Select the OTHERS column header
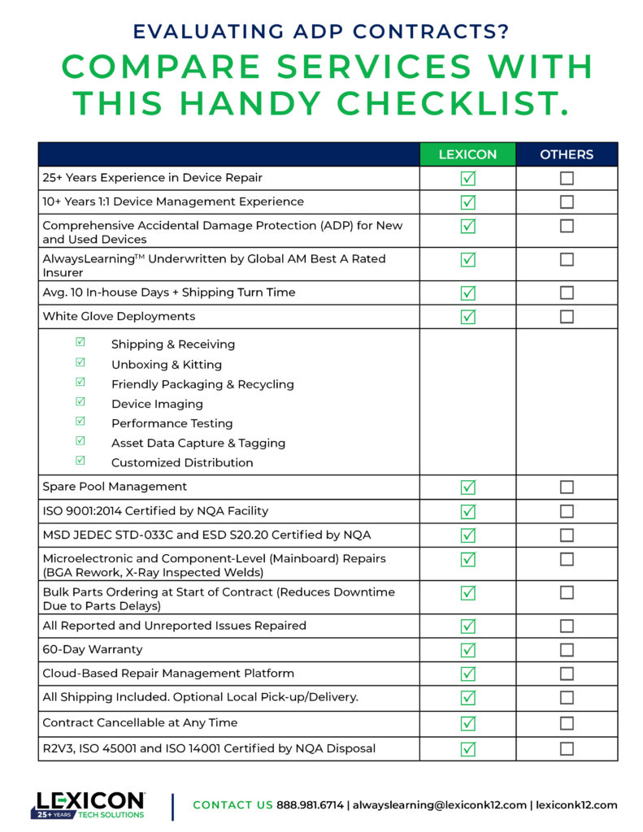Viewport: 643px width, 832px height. click(x=567, y=154)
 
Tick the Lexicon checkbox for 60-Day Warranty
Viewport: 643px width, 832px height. click(x=467, y=650)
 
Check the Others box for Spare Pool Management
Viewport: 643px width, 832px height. click(x=567, y=487)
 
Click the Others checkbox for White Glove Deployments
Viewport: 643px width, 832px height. click(x=567, y=317)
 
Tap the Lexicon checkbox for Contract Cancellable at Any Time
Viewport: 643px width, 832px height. click(x=467, y=723)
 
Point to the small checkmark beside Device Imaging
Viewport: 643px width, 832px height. click(x=80, y=401)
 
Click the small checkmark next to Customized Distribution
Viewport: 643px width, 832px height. click(x=80, y=461)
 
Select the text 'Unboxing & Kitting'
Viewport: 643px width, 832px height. click(x=166, y=365)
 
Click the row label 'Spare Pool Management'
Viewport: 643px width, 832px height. click(x=115, y=487)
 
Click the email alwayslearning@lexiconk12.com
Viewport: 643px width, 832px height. click(x=438, y=805)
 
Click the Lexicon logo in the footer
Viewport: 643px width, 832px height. click(x=89, y=804)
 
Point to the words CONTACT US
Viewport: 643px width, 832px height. click(x=233, y=805)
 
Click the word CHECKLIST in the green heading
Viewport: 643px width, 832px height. click(x=450, y=103)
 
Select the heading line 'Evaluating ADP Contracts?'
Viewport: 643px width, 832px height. click(x=321, y=32)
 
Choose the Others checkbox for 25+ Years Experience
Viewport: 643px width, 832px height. click(x=567, y=178)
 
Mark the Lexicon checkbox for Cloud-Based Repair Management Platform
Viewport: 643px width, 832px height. click(x=467, y=674)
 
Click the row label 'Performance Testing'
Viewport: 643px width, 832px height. click(x=172, y=423)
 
